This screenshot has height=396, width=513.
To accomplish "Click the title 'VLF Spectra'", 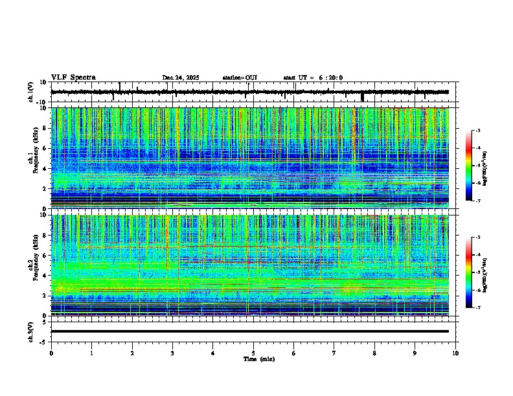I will tap(73, 78).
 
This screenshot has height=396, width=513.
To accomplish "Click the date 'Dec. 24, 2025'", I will tap(181, 78).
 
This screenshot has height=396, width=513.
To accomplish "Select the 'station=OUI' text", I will tap(240, 78).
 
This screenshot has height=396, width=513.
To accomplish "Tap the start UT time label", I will tap(313, 78).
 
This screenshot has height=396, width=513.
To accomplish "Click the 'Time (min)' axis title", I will tap(258, 359).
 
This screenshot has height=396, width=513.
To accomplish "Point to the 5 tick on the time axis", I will tap(253, 353).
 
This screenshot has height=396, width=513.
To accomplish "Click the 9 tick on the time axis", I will tap(415, 353).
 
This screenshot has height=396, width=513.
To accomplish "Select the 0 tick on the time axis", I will tap(51, 353).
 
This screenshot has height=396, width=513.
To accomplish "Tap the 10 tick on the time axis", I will tap(455, 353).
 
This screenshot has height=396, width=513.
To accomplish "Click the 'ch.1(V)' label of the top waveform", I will tap(31, 92).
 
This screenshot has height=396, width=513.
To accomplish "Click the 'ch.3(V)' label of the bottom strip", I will tap(31, 331).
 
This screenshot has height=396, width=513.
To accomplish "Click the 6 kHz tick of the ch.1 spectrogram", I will tap(46, 148).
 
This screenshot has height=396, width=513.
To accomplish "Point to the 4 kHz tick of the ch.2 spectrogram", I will tap(46, 276).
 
